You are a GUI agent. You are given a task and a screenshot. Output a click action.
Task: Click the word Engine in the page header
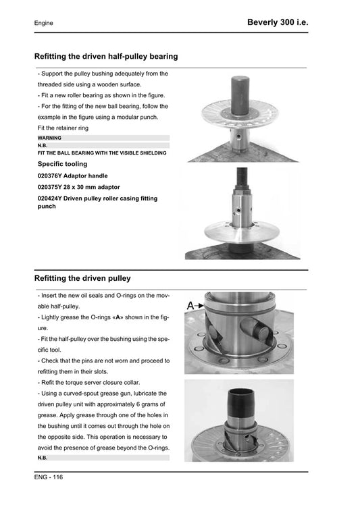44,24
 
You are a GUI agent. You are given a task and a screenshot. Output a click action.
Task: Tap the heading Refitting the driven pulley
82,278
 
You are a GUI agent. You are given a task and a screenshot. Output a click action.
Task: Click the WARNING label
50,138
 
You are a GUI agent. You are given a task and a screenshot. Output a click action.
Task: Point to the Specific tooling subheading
62,164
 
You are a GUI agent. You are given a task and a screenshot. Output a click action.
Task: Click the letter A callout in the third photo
191,305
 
